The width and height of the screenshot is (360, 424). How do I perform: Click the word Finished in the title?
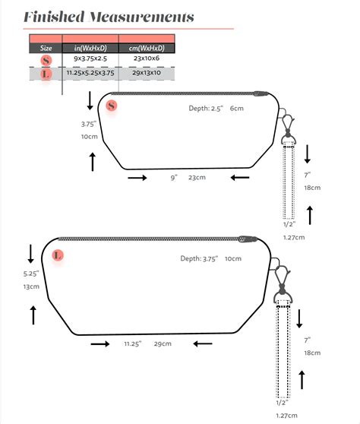click(x=54, y=17)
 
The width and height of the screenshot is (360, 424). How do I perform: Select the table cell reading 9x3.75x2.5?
click(x=90, y=59)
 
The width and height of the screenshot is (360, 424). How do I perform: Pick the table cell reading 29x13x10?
click(x=147, y=73)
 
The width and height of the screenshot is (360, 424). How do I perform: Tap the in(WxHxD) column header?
click(x=90, y=48)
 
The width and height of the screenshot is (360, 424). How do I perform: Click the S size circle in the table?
click(x=46, y=60)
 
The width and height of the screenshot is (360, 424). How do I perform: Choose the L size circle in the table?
click(x=46, y=74)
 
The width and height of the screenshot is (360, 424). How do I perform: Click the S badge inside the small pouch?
click(x=112, y=106)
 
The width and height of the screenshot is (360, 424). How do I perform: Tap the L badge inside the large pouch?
click(x=58, y=255)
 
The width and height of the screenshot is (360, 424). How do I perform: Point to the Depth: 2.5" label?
click(x=206, y=109)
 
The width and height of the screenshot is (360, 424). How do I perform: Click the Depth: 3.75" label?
click(x=199, y=259)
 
